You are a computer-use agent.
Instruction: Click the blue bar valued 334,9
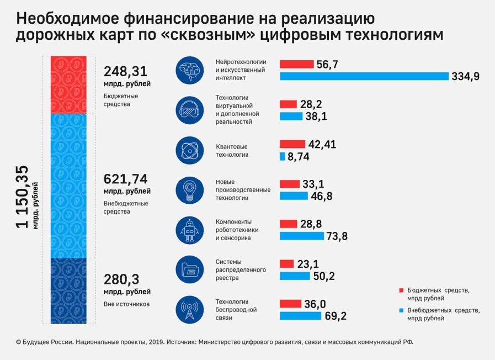pyautogui.click(x=364, y=76)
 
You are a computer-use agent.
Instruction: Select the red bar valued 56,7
pyautogui.click(x=296, y=64)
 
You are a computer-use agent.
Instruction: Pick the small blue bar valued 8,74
pyautogui.click(x=283, y=157)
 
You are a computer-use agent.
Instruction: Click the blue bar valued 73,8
pyautogui.click(x=301, y=236)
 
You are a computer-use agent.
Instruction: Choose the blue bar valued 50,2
pyautogui.click(x=295, y=276)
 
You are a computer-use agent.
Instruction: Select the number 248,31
pyautogui.click(x=127, y=71)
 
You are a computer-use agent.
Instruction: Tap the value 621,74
pyautogui.click(x=127, y=179)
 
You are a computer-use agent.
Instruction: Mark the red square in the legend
pyautogui.click(x=401, y=289)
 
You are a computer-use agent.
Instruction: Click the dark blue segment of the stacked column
pyautogui.click(x=68, y=291)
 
